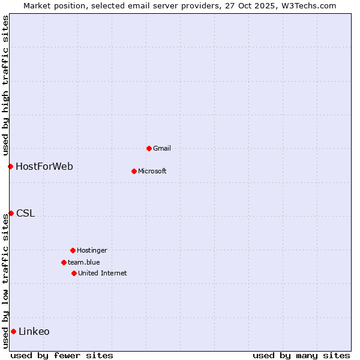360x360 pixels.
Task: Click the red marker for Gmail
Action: click(149, 148)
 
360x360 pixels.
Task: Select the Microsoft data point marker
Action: click(134, 171)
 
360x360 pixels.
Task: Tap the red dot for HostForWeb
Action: click(10, 166)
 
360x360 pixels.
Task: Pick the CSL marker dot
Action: click(11, 213)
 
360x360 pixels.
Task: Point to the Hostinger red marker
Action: click(73, 250)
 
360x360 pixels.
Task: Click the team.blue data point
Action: click(64, 262)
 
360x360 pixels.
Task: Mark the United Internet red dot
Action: click(74, 273)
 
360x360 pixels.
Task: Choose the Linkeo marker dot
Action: click(13, 331)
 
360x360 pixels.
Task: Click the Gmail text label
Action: click(162, 148)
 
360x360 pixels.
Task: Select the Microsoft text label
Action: click(152, 171)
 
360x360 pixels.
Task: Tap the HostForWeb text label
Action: click(44, 166)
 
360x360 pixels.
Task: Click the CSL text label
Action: click(26, 213)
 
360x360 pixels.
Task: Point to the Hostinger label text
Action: click(92, 250)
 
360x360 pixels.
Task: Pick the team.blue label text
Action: click(84, 262)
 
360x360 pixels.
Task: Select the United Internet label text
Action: click(103, 273)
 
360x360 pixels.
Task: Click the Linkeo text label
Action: click(34, 331)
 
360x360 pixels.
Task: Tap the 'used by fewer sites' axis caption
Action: click(62, 355)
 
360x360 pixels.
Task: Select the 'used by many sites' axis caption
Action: click(301, 355)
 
